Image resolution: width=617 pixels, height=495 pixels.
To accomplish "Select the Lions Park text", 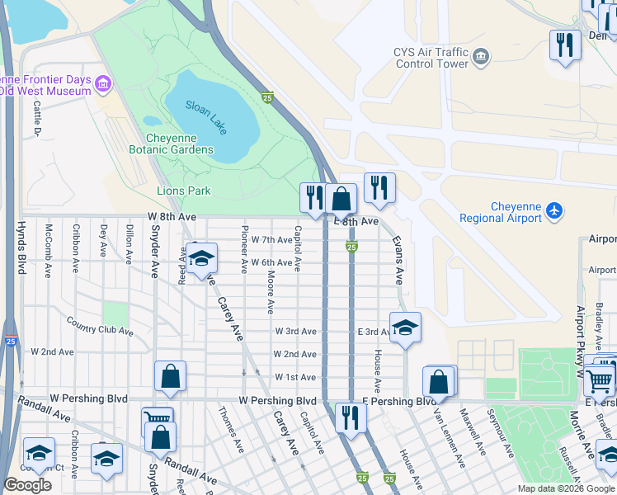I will (x=183, y=191).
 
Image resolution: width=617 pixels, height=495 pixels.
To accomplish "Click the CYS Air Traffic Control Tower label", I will (x=431, y=56).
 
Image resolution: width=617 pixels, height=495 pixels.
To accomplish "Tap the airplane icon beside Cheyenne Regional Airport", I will (x=554, y=212).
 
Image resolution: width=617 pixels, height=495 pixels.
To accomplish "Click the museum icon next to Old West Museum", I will (x=103, y=83).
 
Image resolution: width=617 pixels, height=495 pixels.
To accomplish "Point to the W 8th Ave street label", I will (x=172, y=216).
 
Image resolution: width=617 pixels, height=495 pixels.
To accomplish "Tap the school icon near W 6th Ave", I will (x=200, y=258).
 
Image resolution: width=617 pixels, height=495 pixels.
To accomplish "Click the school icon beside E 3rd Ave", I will (x=405, y=328).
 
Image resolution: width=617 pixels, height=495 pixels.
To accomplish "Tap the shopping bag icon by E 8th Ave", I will (x=341, y=198).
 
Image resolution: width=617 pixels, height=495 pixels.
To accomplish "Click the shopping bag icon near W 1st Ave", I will (x=170, y=376).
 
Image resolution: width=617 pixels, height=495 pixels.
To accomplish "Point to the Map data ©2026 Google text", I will (x=566, y=488).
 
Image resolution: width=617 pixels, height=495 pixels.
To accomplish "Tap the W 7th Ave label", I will (x=271, y=240).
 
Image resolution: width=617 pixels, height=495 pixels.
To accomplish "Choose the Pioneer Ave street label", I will (x=244, y=248).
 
